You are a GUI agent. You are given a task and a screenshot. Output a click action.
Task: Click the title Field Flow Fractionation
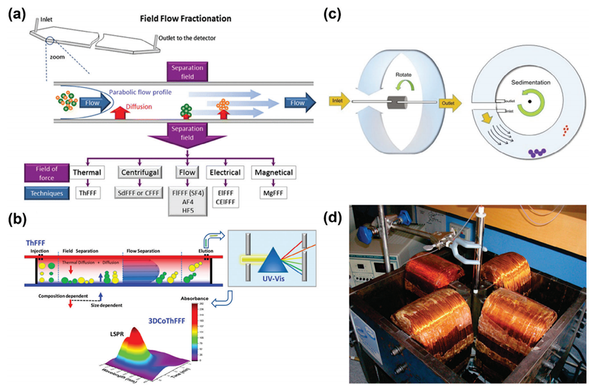185,19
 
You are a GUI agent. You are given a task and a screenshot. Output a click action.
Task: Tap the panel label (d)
338,219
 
